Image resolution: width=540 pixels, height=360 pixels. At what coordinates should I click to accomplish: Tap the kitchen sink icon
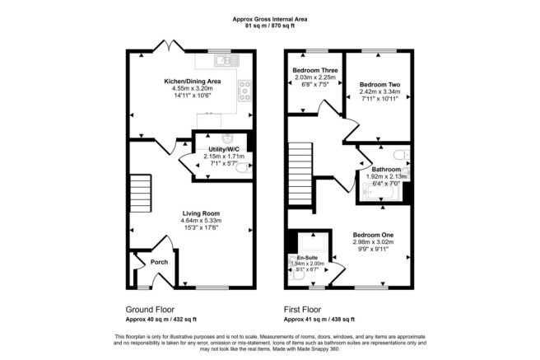tap(222, 59)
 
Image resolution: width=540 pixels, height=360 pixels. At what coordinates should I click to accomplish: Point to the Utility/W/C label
tap(223, 149)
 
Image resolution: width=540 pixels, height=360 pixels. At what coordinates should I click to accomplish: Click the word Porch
tap(159, 264)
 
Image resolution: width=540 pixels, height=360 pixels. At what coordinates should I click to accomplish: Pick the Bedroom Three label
tap(310, 72)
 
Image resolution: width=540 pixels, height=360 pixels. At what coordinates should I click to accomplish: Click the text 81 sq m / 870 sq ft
tap(271, 24)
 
